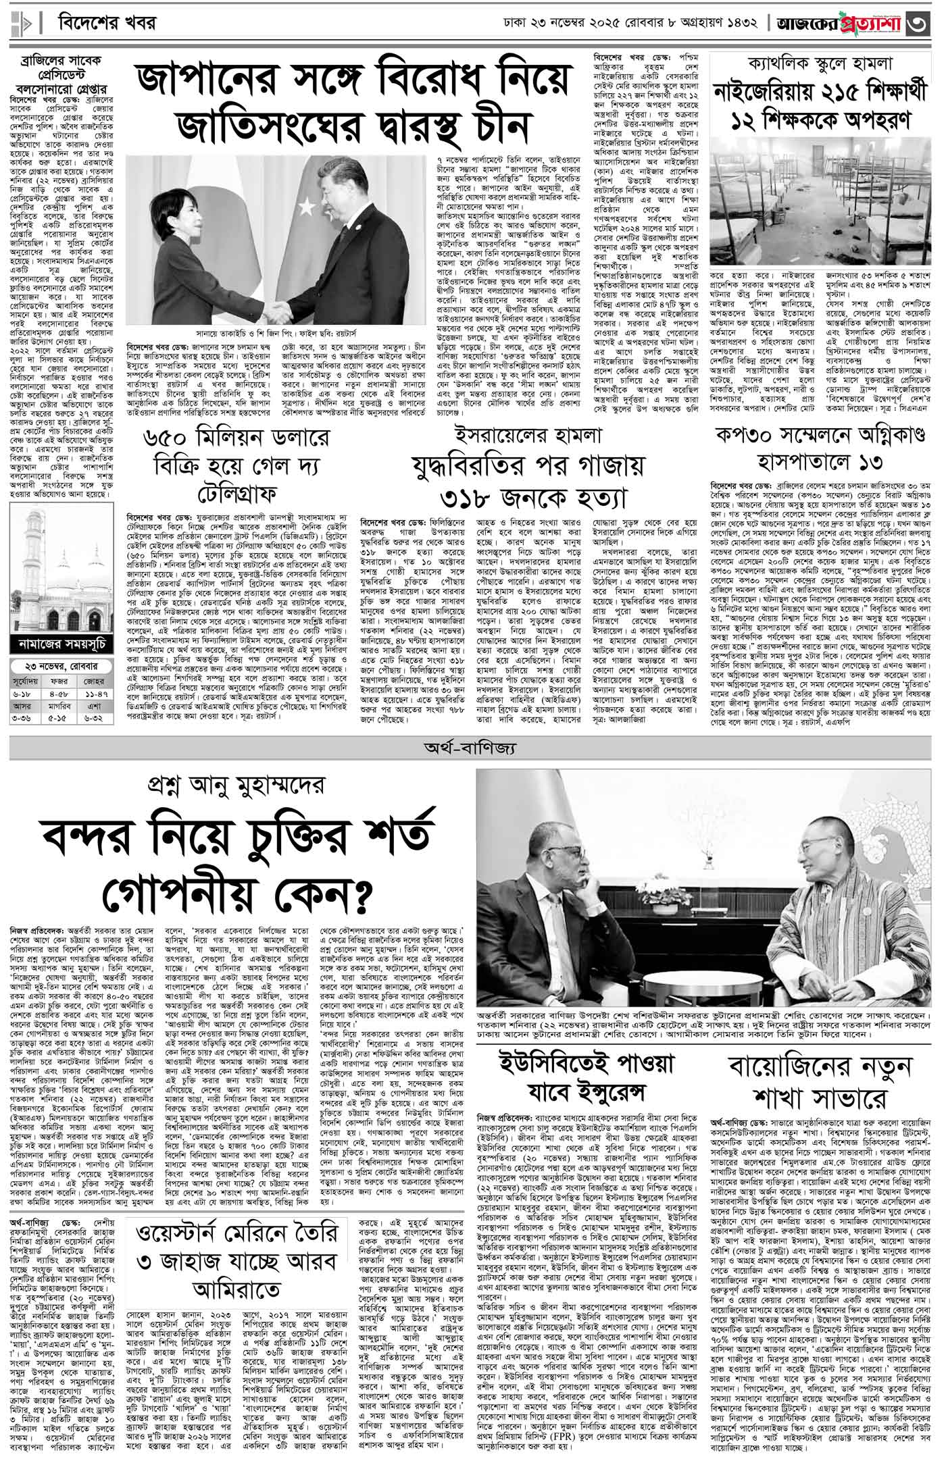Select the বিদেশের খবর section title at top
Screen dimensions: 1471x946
tap(107, 24)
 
